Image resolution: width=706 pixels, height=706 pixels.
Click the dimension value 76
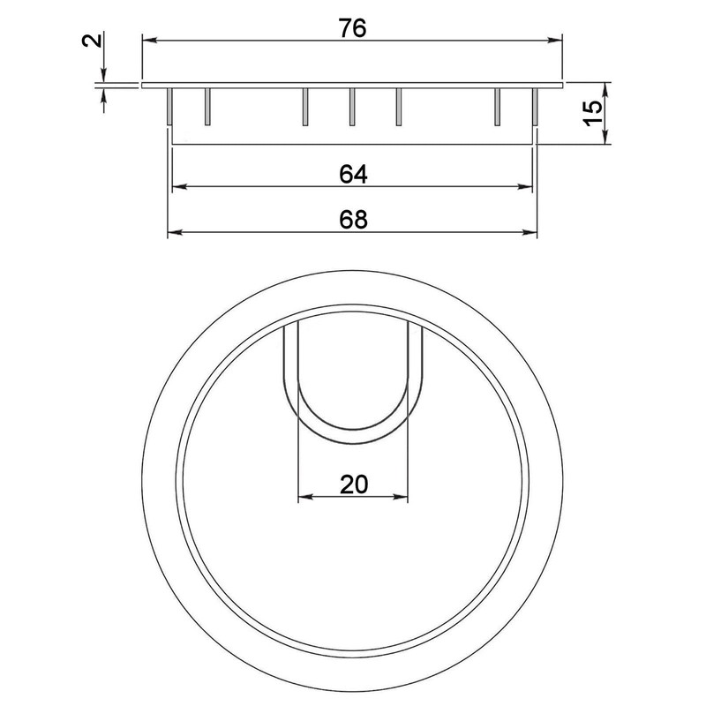pos(352,28)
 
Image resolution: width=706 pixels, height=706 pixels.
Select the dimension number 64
pos(352,174)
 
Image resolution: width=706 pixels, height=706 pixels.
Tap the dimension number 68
pos(352,220)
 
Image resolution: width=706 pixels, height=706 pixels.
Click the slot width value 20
pos(353,484)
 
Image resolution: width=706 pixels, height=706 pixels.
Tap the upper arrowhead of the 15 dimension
pos(605,89)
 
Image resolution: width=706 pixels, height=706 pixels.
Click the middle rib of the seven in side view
pos(351,105)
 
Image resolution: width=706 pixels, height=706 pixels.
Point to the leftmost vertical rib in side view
pos(169,105)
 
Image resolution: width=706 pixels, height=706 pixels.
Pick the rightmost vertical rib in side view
pos(535,105)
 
